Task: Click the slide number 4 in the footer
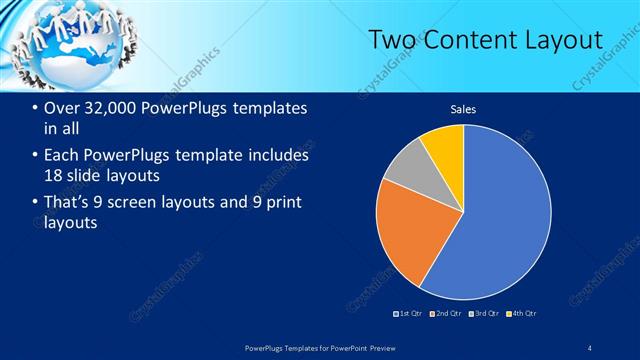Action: coord(591,347)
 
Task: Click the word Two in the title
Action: coord(392,40)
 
